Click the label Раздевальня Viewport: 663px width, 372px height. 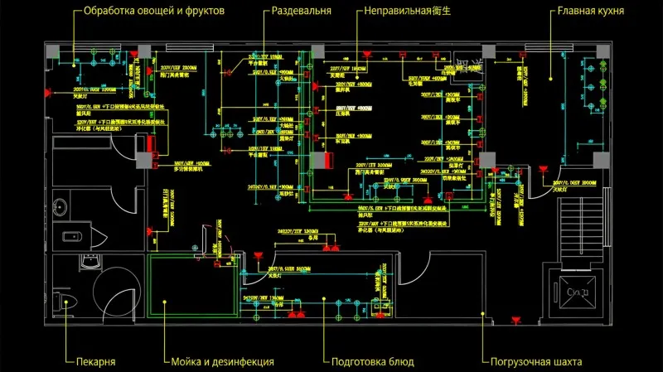tap(302, 12)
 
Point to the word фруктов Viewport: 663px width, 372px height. tap(207, 12)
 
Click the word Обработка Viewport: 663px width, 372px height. tap(109, 12)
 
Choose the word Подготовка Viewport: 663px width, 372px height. tap(361, 362)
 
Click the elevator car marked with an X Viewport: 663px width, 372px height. tap(572, 291)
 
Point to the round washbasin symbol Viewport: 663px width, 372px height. tap(60, 208)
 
